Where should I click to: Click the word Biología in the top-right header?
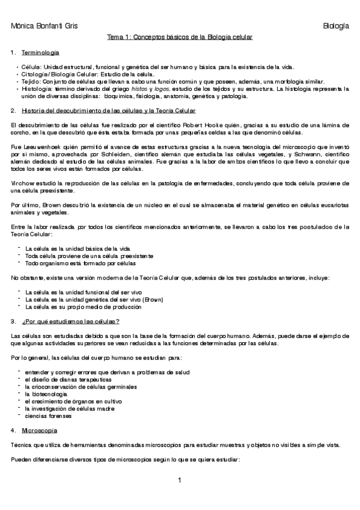pos(335,26)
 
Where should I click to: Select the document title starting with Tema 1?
pos(180,37)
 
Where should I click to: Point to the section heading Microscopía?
pos(40,431)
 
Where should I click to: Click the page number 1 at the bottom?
pos(180,480)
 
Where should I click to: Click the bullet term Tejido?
pos(29,81)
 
